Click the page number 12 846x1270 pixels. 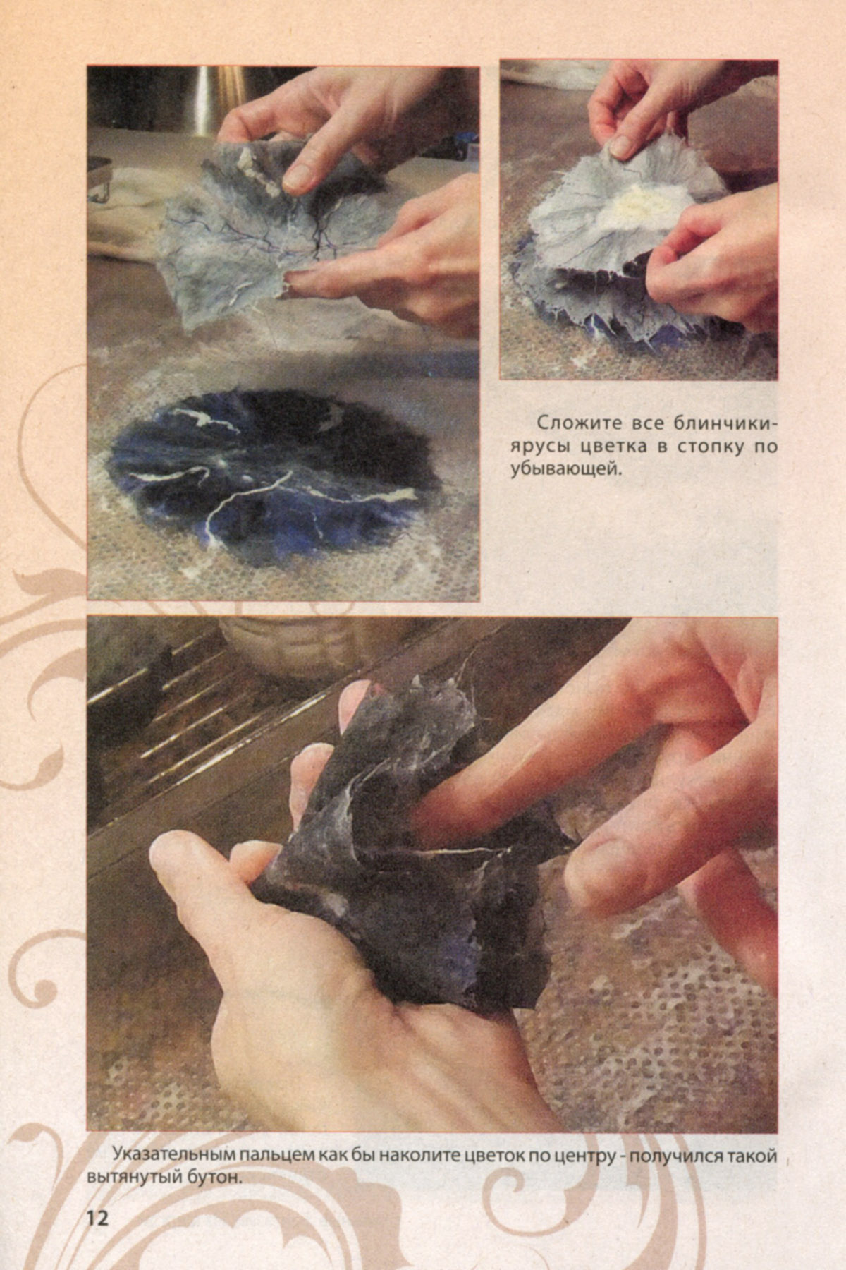98,1218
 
